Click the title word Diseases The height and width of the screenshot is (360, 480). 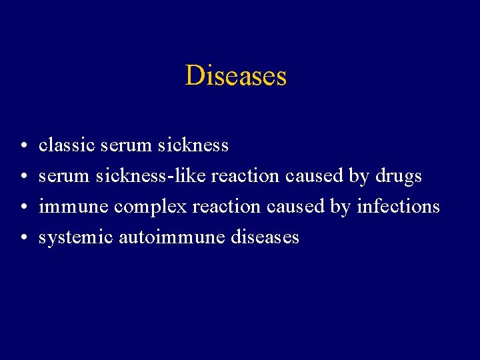click(236, 75)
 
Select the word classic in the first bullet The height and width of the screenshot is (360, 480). click(67, 145)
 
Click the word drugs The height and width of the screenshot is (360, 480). click(398, 176)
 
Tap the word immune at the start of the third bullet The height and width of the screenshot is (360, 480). click(73, 207)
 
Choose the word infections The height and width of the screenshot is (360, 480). click(398, 207)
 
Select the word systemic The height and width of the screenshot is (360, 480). click(75, 238)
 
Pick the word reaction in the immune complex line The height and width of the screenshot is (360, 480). click(226, 207)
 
